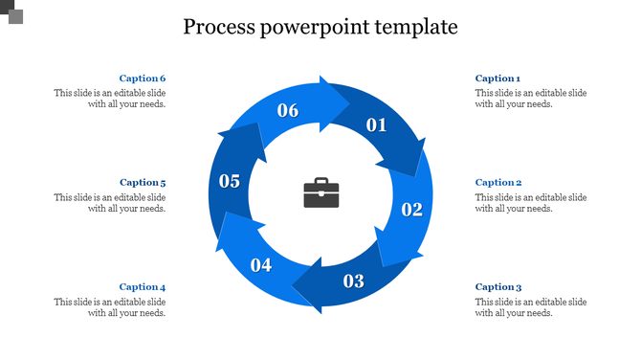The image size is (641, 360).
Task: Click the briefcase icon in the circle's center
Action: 320,193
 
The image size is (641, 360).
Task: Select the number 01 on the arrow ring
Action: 376,124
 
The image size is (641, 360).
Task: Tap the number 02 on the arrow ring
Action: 411,210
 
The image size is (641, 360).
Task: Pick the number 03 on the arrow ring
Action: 354,281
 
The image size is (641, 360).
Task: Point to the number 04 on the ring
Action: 261,265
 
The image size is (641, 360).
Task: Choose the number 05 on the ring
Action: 230,181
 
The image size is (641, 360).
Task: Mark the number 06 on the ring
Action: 288,110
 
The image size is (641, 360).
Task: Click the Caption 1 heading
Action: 497,79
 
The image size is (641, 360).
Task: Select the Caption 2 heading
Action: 498,182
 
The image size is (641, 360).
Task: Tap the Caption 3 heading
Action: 498,286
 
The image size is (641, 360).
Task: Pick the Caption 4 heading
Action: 143,286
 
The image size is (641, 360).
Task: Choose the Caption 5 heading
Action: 143,182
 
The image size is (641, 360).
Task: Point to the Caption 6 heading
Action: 143,79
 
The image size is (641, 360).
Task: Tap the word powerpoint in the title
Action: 315,28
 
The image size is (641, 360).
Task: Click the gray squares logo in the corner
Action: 11,12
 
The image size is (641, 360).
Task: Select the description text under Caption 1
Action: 531,99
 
